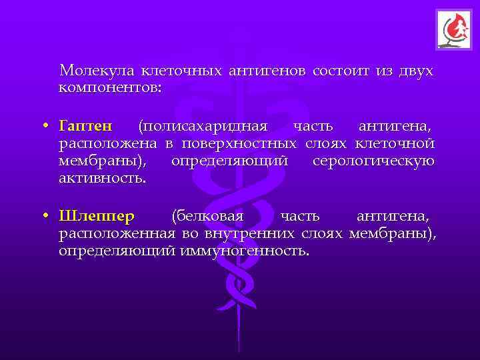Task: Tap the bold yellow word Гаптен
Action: click(86, 126)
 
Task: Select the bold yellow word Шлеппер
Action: click(97, 217)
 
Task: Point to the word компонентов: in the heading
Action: click(110, 87)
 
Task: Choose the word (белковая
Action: click(207, 217)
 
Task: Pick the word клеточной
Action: click(395, 143)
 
